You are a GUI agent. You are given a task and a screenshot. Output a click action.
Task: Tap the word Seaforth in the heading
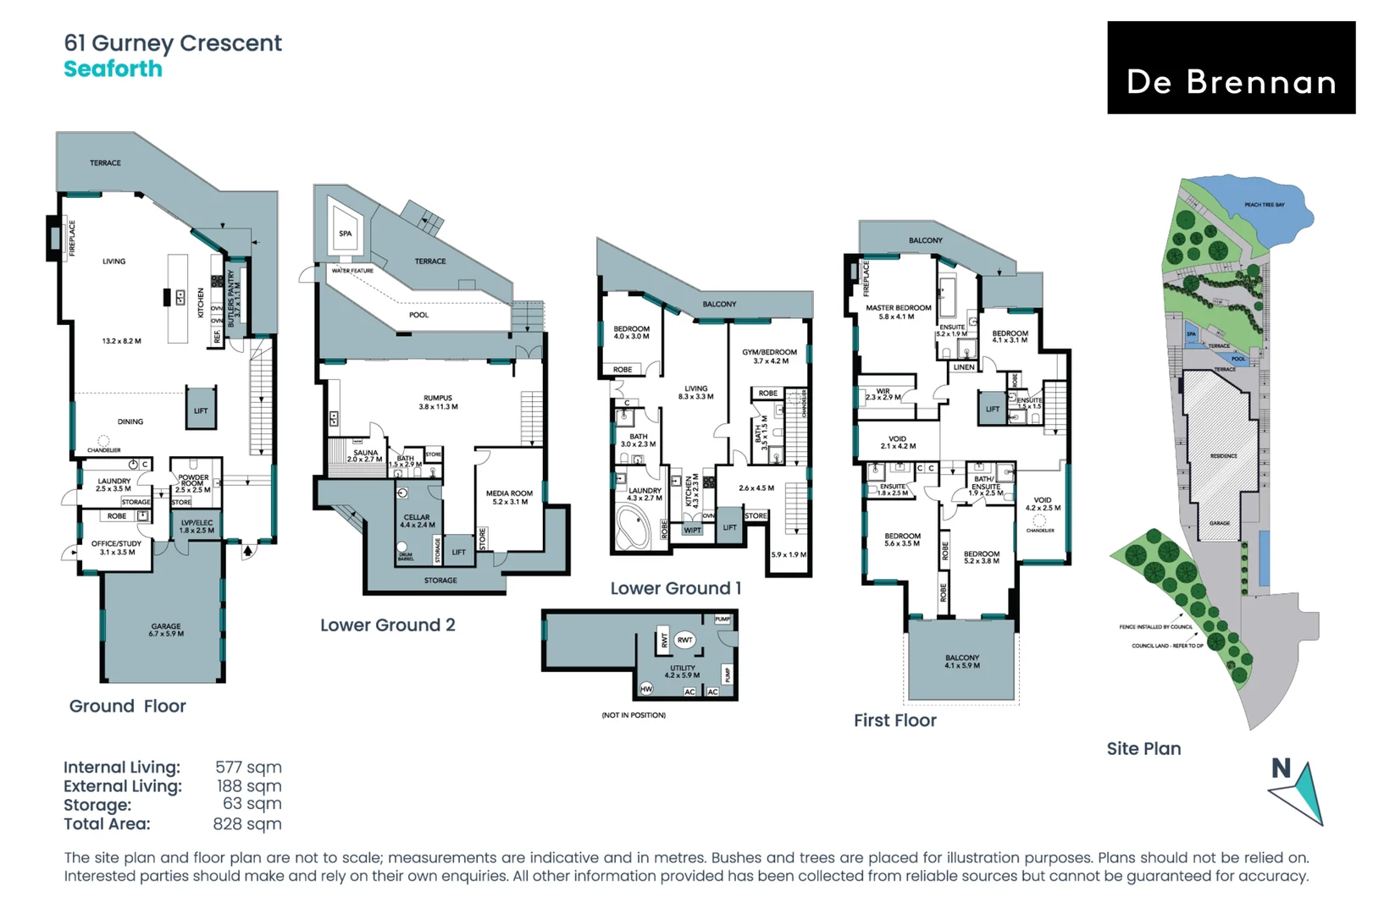(113, 69)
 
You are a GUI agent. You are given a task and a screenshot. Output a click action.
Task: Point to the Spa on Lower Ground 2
(345, 234)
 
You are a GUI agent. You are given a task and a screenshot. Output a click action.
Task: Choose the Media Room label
(509, 497)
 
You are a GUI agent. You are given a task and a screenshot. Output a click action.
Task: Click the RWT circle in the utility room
(685, 640)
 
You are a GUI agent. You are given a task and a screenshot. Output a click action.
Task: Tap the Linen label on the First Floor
(964, 367)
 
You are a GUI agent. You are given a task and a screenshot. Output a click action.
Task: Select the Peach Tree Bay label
(1264, 205)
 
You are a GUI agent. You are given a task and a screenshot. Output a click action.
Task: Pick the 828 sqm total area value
(247, 824)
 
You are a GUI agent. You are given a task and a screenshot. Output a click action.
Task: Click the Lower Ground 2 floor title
(387, 625)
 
